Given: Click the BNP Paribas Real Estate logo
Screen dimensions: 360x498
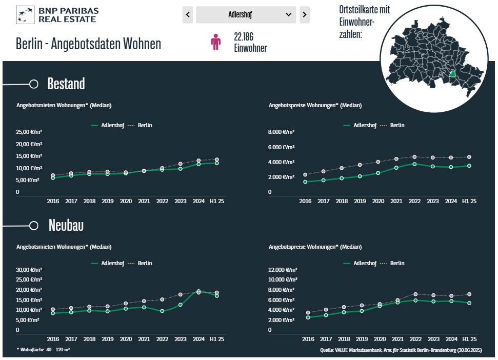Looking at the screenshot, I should [57, 15].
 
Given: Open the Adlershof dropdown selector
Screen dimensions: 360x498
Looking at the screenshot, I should [246, 15].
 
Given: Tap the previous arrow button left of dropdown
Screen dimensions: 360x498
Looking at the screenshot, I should [188, 15].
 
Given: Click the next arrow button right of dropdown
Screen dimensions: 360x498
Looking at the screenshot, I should [305, 15].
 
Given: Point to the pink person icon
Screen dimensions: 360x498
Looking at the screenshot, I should [216, 42].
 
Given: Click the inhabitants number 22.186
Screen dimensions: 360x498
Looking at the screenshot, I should [244, 37].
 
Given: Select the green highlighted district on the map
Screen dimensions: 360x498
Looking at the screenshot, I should [452, 74].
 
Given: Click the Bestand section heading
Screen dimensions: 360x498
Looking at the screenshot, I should [66, 84].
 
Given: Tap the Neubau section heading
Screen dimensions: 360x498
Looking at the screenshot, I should [66, 225].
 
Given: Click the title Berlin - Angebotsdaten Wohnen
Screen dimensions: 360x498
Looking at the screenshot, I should [88, 44].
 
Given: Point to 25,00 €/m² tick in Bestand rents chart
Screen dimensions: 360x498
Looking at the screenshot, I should [29, 132].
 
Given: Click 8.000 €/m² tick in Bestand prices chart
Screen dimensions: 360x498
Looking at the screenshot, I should [282, 132].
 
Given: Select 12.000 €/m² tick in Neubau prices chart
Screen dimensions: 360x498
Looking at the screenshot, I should [283, 270].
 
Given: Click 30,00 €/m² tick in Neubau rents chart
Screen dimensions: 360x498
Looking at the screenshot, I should [29, 270].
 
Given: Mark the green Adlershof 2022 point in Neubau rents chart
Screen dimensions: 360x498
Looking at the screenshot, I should [162, 311].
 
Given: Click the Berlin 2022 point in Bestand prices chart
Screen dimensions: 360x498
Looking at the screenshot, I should [414, 157].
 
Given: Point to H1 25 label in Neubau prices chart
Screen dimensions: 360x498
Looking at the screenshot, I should [469, 339].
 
